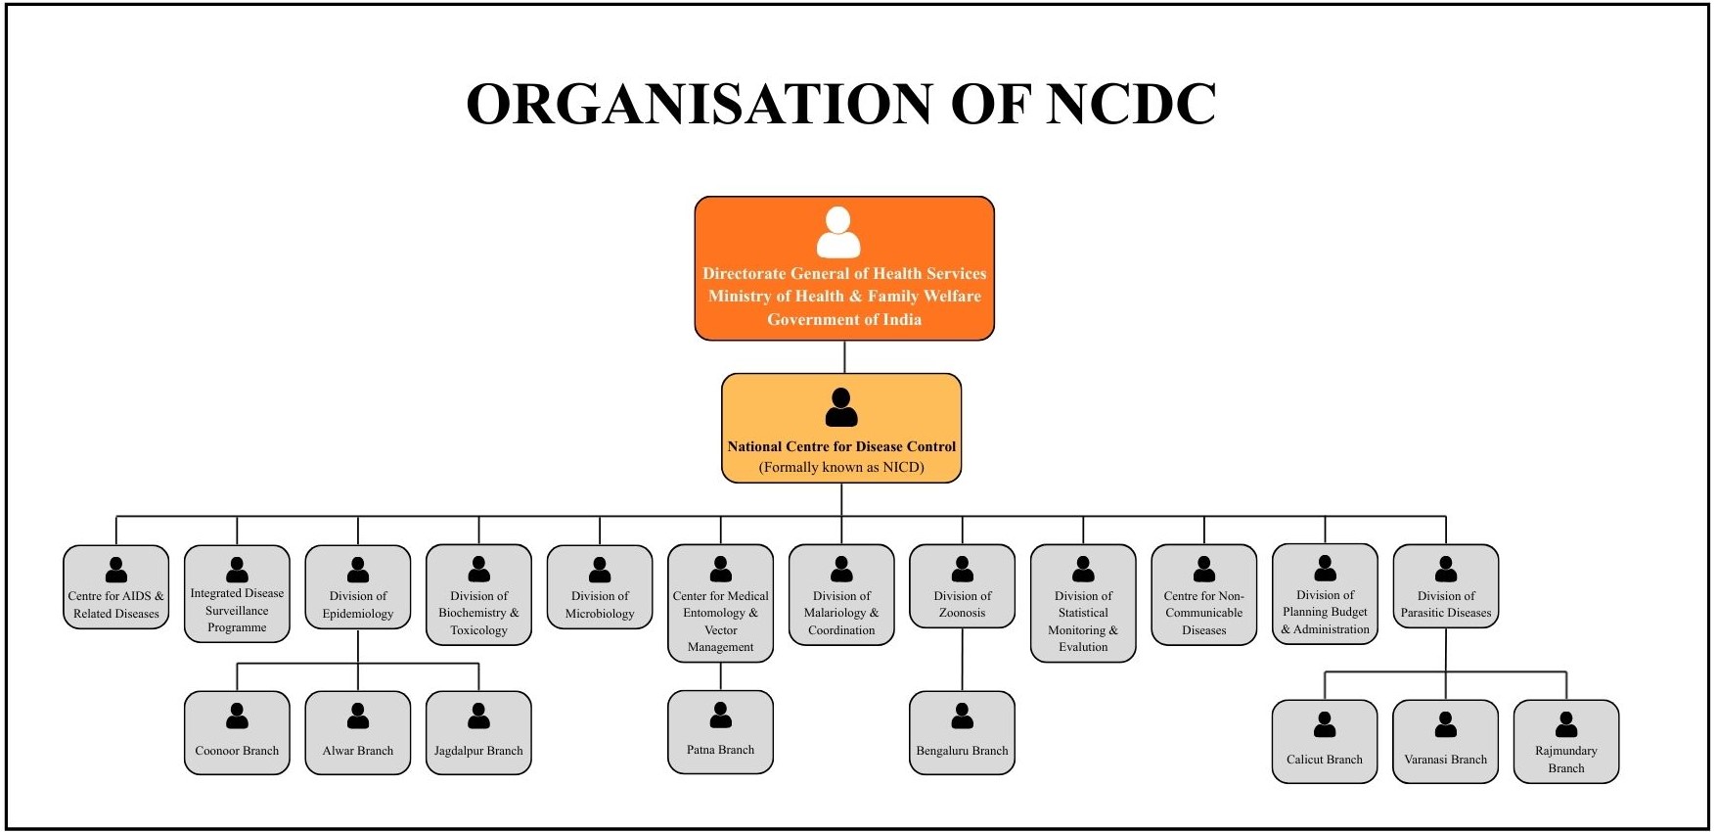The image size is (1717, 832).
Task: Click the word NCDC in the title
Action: (1130, 104)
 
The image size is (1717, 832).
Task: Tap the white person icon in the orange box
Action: (838, 232)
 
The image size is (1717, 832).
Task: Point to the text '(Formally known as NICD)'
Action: (841, 467)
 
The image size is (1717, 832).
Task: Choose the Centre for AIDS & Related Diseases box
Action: (116, 587)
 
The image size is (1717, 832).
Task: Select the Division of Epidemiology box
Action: (358, 587)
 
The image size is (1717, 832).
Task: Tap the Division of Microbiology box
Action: (600, 587)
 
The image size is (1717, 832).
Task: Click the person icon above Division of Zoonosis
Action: (963, 569)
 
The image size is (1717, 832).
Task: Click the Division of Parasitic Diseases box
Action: (1446, 586)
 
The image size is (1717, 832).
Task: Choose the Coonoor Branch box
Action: (237, 733)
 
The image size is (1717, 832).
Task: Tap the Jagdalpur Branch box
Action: (478, 733)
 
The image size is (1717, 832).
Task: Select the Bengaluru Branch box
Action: (963, 733)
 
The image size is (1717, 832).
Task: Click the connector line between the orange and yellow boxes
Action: (844, 357)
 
